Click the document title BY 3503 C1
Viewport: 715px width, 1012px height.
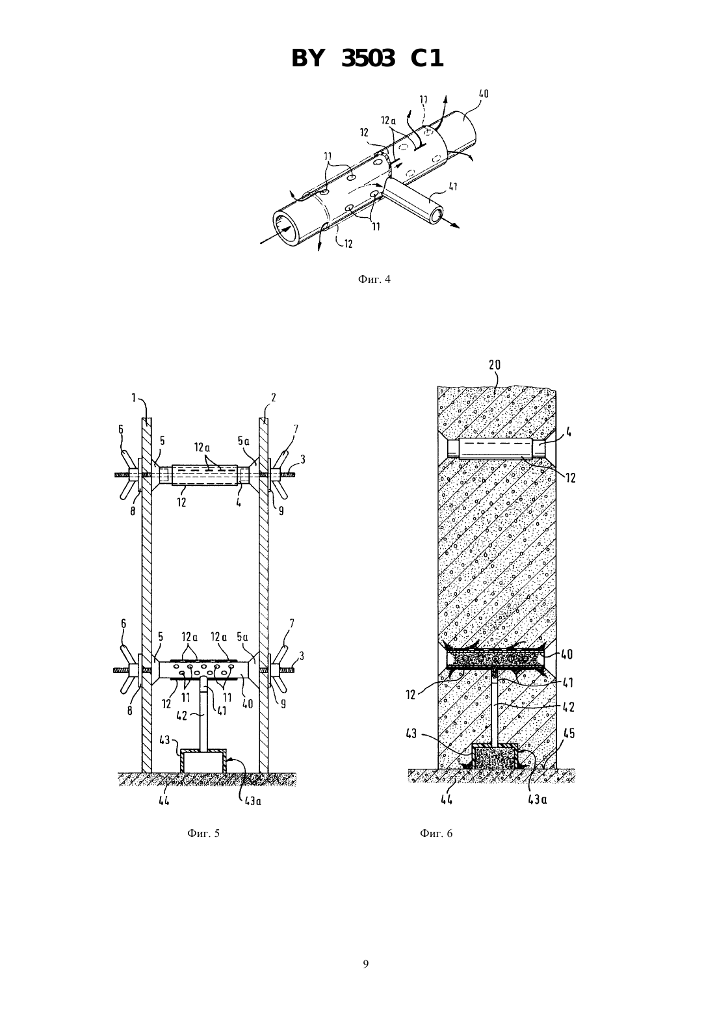(367, 59)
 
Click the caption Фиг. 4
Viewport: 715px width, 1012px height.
(374, 279)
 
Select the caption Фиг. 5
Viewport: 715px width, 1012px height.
(203, 834)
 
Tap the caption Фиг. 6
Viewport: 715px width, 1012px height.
(436, 834)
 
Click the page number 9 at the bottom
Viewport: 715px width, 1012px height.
(365, 964)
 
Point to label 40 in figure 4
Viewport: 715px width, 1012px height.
(483, 94)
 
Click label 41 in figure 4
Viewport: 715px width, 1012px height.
(453, 185)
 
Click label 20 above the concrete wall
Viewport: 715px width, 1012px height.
(495, 365)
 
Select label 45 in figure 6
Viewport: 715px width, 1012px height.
(569, 733)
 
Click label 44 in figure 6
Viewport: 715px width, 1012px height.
(447, 799)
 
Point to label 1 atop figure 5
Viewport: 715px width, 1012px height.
(134, 397)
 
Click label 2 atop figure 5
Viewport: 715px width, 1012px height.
(274, 397)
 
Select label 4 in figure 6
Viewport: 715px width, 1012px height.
(569, 433)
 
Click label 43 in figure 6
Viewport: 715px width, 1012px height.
(411, 733)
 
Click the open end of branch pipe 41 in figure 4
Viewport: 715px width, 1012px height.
(437, 215)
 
